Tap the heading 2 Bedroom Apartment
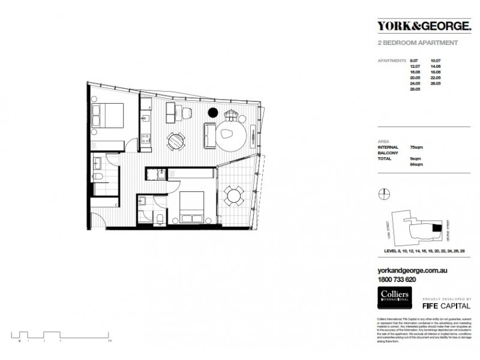click(418, 43)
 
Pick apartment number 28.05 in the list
click(414, 88)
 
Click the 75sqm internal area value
click(413, 146)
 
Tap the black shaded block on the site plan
click(436, 227)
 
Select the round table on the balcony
click(233, 195)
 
